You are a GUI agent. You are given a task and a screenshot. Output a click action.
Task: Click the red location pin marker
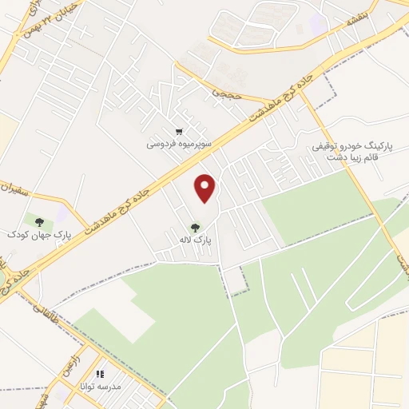coord(206,187)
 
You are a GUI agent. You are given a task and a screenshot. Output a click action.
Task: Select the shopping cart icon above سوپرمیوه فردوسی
coord(179,132)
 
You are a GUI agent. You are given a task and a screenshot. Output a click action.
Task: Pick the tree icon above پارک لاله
coord(196,227)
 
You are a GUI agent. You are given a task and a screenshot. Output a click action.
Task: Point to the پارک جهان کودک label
coord(39,234)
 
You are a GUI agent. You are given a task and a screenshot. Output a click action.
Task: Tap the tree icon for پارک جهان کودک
coord(38,220)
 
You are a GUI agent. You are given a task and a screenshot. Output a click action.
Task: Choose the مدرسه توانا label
coord(99,386)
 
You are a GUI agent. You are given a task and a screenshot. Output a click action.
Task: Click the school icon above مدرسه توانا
coord(100,373)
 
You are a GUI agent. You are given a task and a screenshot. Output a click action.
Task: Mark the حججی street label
coord(224,93)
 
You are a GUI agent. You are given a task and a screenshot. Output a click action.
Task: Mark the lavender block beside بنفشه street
coord(317,22)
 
